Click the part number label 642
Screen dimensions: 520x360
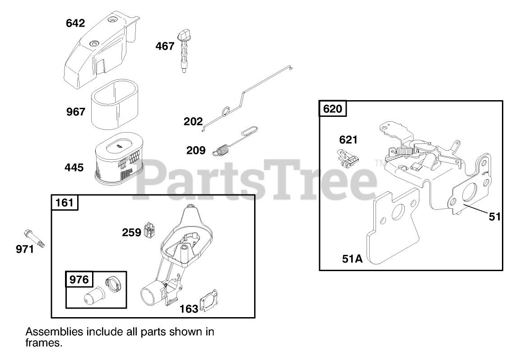pyautogui.click(x=75, y=23)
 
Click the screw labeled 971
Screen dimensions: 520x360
pyautogui.click(x=34, y=238)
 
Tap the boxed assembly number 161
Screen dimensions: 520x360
pyautogui.click(x=65, y=203)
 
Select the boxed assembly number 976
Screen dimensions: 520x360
pyautogui.click(x=79, y=280)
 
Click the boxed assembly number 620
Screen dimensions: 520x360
pyautogui.click(x=334, y=109)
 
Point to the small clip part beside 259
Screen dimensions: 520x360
pyautogui.click(x=149, y=230)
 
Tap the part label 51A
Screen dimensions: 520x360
pyautogui.click(x=353, y=259)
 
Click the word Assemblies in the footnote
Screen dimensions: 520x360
pyautogui.click(x=54, y=332)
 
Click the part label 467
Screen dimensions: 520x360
pyautogui.click(x=165, y=46)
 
